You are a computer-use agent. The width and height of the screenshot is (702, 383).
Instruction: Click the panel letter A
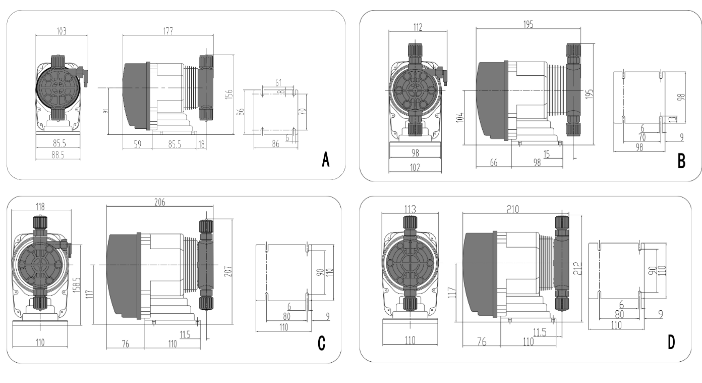[326, 161]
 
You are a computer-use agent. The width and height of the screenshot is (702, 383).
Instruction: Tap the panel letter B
[681, 161]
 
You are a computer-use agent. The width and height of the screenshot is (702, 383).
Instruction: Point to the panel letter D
[671, 343]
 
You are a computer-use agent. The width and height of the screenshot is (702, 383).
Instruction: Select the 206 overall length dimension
[160, 202]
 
